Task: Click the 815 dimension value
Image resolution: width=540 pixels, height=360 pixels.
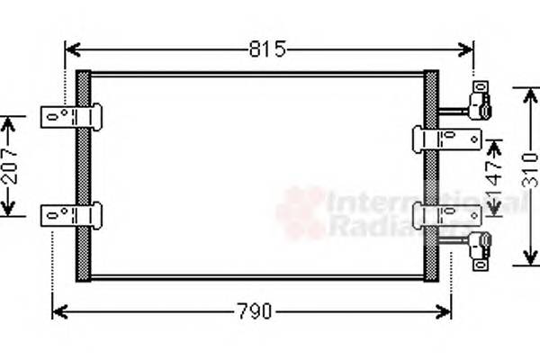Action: point(267,49)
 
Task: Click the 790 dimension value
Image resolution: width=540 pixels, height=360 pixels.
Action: point(254,312)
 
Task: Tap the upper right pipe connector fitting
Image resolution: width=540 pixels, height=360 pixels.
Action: point(480,99)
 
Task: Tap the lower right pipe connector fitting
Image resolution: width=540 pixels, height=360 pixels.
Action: point(480,245)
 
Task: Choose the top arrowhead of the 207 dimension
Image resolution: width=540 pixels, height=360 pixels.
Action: point(9,121)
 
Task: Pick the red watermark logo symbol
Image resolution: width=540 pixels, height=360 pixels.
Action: point(300,213)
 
